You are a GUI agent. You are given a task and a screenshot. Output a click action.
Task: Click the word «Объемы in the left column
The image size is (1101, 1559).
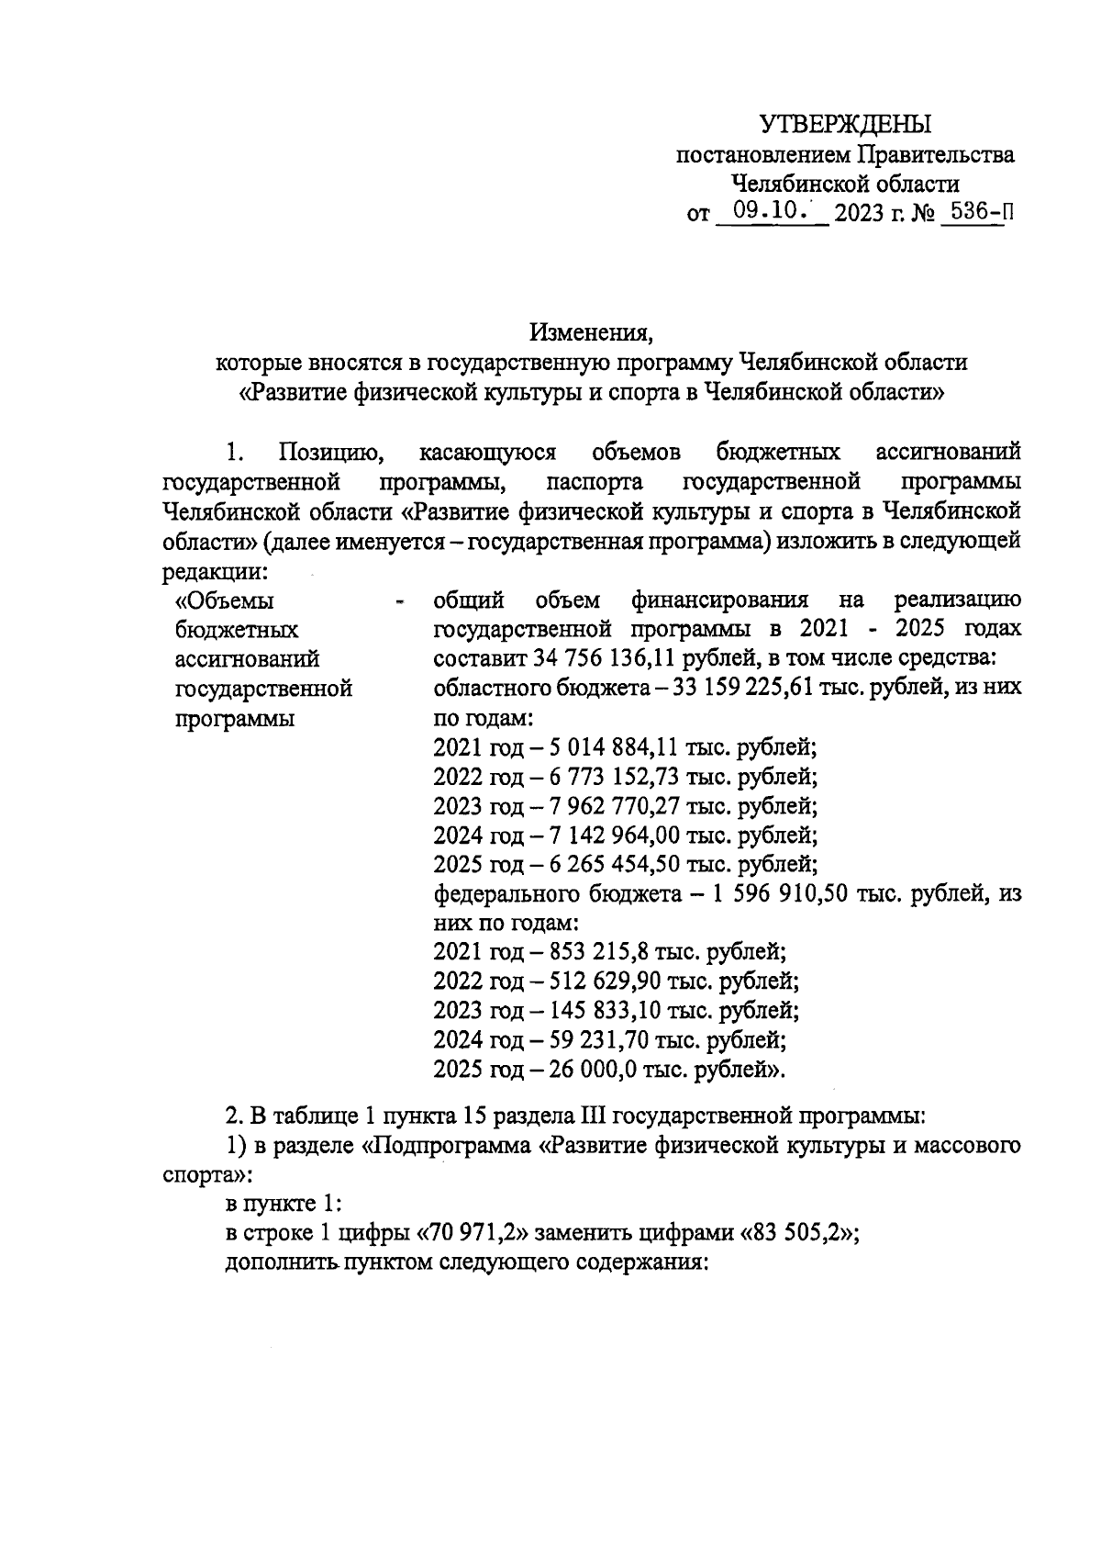(225, 601)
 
